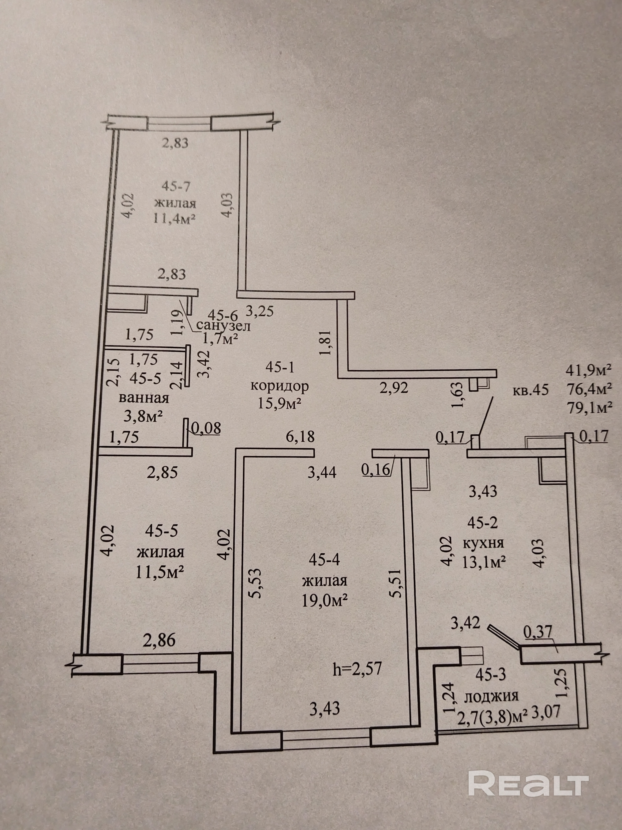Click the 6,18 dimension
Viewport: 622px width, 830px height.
[300, 436]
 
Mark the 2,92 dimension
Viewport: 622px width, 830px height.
[394, 388]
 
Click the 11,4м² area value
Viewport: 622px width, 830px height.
[175, 218]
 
